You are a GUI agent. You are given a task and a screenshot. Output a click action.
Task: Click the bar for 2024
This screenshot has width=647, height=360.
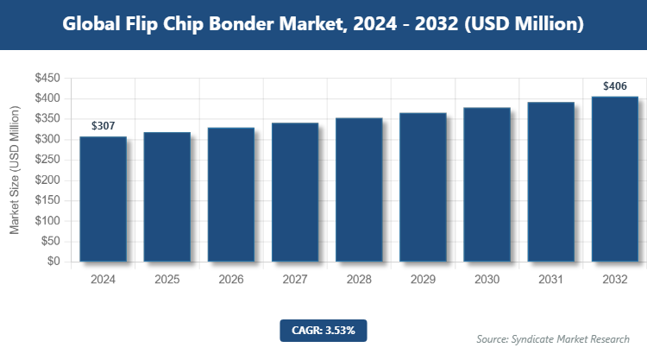coord(104,199)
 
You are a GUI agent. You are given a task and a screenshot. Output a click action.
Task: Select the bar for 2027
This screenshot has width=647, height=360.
coord(295,192)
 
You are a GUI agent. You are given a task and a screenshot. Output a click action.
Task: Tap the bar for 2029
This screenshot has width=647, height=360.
coord(423,186)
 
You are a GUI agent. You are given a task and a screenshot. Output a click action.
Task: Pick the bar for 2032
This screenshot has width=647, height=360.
coord(614,179)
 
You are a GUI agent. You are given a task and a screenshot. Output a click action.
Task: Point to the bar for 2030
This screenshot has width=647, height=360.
coord(487,184)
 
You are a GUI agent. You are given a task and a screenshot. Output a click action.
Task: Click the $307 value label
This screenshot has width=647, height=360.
coord(104,126)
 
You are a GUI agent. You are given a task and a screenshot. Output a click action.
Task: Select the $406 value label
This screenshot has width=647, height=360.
coord(614,85)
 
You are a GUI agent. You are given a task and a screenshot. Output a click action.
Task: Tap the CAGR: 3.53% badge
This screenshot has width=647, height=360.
coord(323,330)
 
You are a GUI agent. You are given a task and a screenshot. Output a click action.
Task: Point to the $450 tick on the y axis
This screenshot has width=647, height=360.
coord(47,79)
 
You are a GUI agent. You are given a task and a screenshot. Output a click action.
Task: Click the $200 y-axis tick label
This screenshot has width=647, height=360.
coord(47,180)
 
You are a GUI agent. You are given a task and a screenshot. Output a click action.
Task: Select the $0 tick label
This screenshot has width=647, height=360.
coord(53,262)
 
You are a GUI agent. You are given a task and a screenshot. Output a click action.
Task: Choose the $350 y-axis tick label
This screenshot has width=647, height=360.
coord(47,119)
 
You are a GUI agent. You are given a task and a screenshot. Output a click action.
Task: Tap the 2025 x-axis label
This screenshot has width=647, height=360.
coord(167,280)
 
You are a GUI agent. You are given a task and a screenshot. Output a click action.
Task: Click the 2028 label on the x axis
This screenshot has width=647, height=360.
coord(359,280)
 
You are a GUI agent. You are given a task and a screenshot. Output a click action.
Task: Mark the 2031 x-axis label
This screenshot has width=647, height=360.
coord(550,280)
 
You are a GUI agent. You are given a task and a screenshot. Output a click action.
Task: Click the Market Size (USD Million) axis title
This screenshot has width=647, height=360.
coord(15,170)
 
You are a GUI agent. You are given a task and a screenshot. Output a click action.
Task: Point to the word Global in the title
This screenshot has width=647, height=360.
coord(92,24)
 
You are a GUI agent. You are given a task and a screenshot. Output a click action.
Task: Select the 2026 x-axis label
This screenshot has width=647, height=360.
coord(231,280)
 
